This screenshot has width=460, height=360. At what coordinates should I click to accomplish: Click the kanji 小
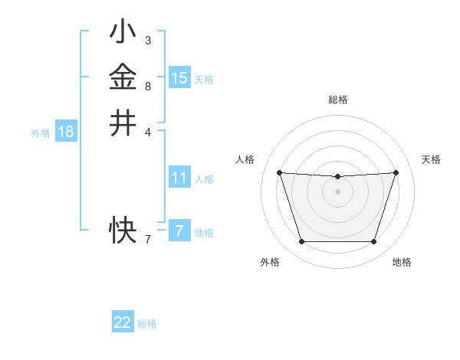click(x=123, y=32)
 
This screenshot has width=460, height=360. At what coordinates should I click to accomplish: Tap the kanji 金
click(x=123, y=77)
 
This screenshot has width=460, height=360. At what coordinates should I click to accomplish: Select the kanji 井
click(x=123, y=123)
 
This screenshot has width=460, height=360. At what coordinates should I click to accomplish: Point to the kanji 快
click(x=123, y=227)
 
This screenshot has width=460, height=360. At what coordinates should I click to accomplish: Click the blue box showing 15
click(x=179, y=77)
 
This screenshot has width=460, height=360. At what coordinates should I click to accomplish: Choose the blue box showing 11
click(x=179, y=178)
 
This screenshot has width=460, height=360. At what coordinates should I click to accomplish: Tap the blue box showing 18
click(x=66, y=132)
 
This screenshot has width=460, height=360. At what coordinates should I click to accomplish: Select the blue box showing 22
click(x=123, y=322)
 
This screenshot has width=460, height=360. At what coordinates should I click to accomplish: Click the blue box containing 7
click(x=179, y=231)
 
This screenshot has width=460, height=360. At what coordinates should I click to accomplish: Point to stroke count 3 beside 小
click(x=147, y=40)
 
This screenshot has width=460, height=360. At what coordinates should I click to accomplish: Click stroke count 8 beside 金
click(x=147, y=86)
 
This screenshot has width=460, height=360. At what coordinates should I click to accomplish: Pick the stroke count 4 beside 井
click(x=147, y=131)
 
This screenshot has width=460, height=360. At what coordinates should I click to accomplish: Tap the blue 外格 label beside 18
click(x=41, y=133)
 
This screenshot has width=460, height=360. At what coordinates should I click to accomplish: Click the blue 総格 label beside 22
click(x=147, y=324)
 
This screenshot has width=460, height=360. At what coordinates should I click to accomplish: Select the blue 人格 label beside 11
click(x=204, y=179)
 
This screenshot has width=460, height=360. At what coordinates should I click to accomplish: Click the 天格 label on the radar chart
click(x=431, y=159)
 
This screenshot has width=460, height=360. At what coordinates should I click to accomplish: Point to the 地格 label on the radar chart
click(x=402, y=262)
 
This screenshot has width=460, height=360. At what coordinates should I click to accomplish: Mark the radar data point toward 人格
click(x=279, y=172)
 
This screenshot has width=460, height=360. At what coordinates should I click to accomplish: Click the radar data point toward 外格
click(x=301, y=242)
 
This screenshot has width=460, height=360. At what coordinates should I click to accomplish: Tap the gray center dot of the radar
click(x=337, y=191)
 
